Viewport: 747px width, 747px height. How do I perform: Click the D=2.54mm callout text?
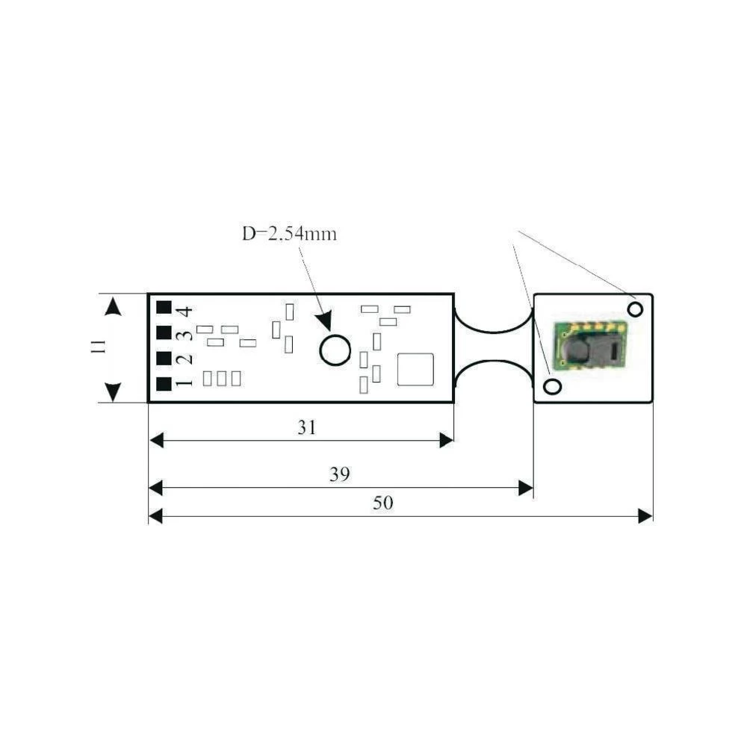click(289, 233)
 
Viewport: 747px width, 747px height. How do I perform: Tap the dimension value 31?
click(307, 427)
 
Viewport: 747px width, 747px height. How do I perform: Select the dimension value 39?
click(340, 475)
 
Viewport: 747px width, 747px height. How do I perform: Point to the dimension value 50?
click(382, 503)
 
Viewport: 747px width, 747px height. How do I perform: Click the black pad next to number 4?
click(164, 308)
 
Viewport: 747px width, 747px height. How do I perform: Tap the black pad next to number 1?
click(164, 385)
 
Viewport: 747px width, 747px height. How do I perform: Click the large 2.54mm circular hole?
click(335, 350)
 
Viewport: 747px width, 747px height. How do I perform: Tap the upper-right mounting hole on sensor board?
click(636, 308)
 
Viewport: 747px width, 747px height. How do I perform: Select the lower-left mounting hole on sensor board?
click(552, 386)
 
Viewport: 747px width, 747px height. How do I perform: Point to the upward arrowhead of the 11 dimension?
click(113, 306)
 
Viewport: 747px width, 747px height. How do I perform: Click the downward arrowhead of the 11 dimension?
click(113, 391)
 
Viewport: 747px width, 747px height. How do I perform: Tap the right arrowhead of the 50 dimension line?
click(645, 515)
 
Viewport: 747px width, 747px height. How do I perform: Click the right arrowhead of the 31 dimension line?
click(446, 441)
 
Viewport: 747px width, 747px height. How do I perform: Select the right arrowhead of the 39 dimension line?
click(525, 489)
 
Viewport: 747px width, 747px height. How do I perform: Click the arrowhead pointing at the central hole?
click(323, 323)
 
